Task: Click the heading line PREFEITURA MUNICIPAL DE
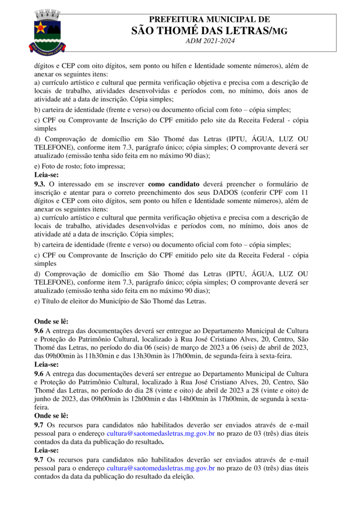coord(209,20)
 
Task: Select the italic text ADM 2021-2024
coord(209,41)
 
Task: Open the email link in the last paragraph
coord(161,468)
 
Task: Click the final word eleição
coord(182,476)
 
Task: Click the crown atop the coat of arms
coord(48,13)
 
